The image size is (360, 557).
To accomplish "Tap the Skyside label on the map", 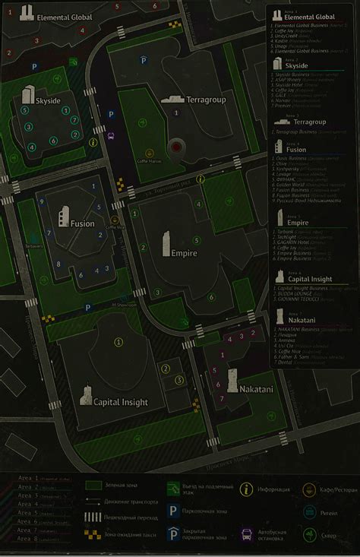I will [x=48, y=100].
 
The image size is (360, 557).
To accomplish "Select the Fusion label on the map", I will [x=82, y=223].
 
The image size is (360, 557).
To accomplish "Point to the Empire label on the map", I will [x=184, y=253].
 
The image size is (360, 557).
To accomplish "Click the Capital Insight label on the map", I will [x=120, y=401].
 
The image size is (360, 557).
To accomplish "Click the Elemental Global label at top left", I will [x=65, y=16].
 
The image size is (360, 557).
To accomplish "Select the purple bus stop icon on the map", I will [x=112, y=138].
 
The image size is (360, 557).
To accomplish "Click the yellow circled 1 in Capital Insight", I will [x=118, y=342].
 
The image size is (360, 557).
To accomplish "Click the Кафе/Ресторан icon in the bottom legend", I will [x=309, y=489].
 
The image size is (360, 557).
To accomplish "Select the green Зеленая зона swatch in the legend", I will [x=94, y=485].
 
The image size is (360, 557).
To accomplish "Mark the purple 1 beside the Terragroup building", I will [x=176, y=112].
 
